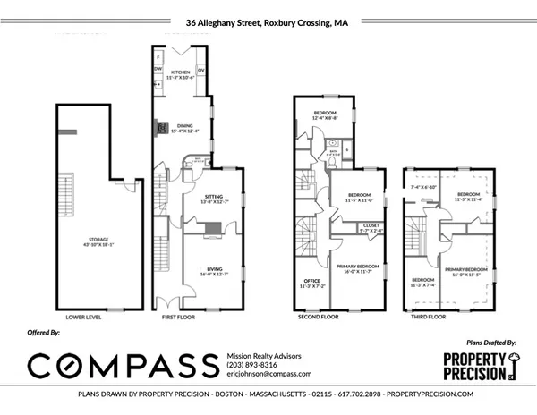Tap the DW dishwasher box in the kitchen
158,68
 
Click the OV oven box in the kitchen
201,68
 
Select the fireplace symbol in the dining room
162,127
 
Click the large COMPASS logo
121,365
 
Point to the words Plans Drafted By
493,342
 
